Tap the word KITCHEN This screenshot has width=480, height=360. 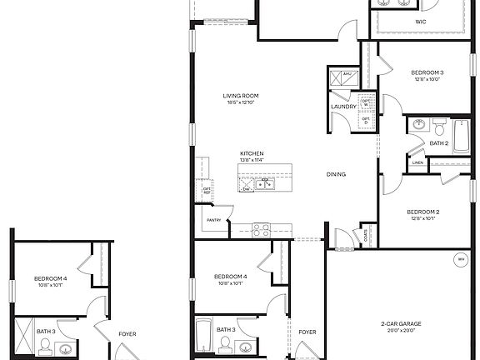pos(252,154)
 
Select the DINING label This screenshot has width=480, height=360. pos(336,174)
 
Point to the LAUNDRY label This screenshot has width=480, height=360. pos(343,107)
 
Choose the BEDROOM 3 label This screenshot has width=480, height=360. pos(427,73)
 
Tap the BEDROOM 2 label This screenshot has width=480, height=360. pos(422,212)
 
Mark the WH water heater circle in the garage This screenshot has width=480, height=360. pos(460,259)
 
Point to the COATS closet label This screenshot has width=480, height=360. pos(366,233)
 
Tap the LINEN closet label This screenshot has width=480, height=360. pos(441,163)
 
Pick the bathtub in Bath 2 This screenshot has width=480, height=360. pos(459,134)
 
